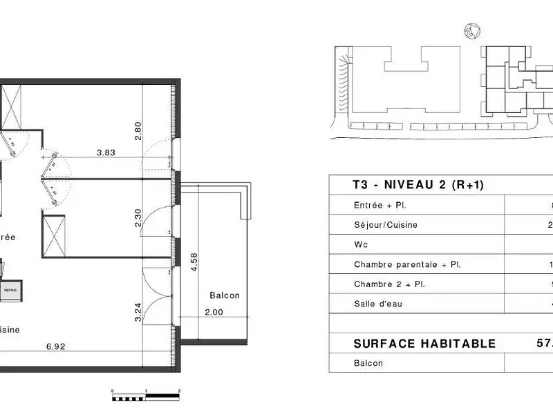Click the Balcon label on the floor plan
pos(225,295)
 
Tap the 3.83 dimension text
pos(106,153)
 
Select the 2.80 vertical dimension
pos(138,131)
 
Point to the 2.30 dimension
pos(138,218)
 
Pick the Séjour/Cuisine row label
pos(386,225)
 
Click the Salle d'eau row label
pos(379,304)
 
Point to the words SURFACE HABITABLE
pos(424,344)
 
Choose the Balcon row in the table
pos(368,363)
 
